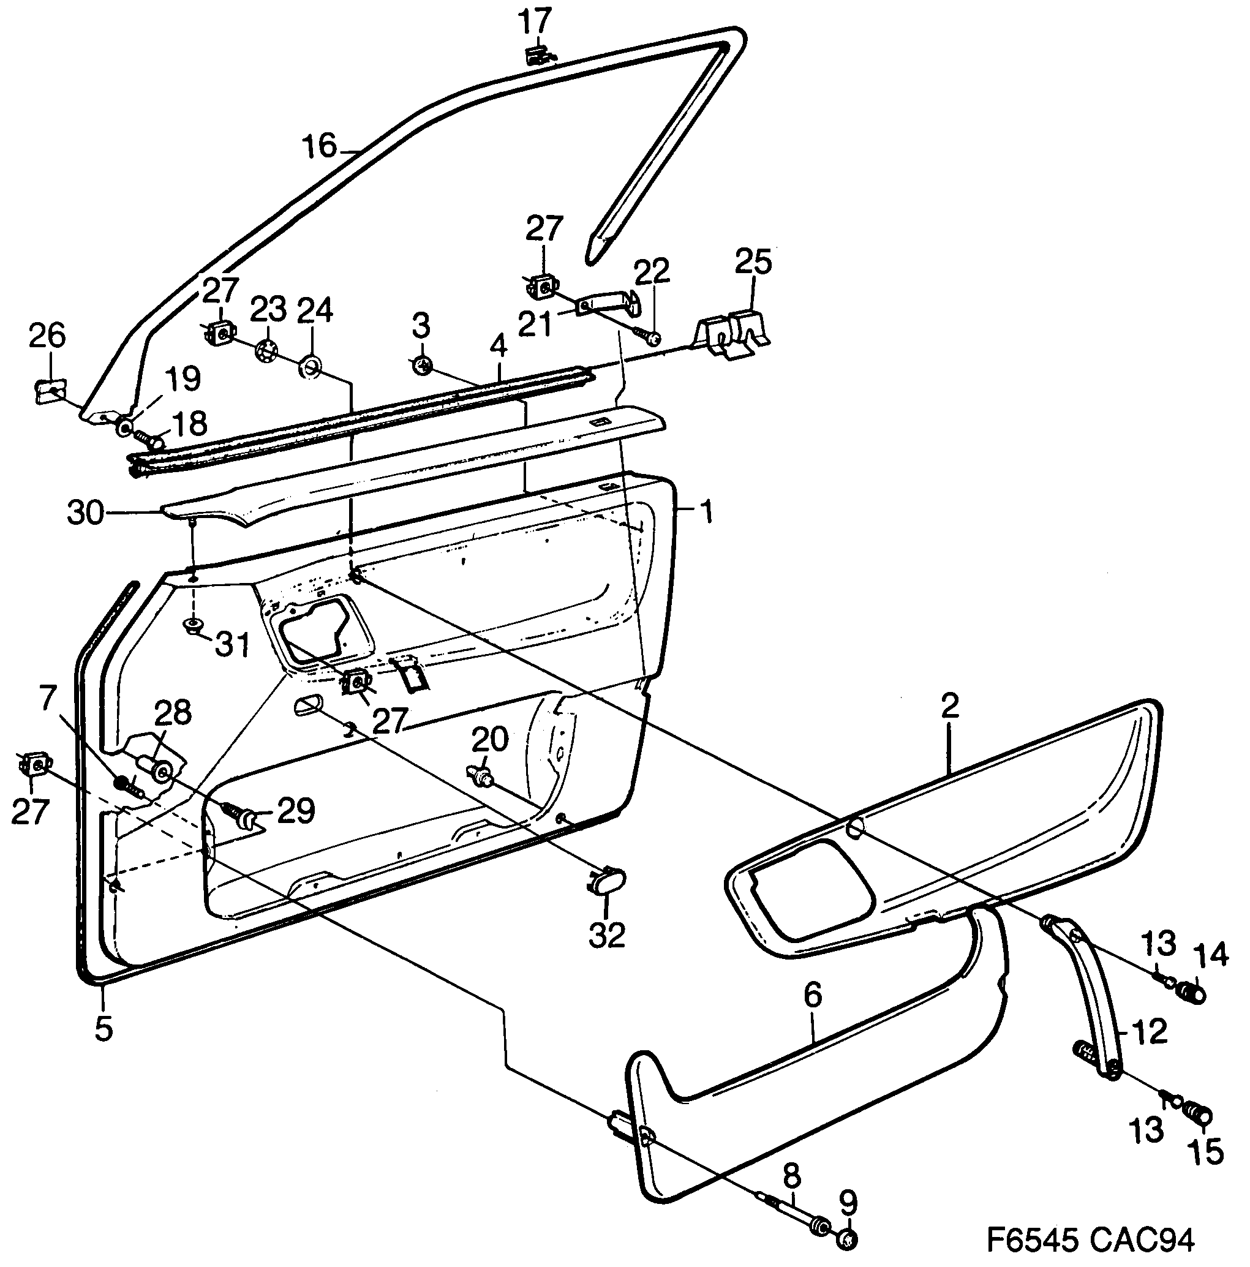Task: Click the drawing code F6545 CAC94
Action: pos(1091,1239)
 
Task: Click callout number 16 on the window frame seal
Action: pos(319,146)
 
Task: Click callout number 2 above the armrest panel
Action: pos(949,705)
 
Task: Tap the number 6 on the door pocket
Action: pos(812,996)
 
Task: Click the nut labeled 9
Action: pos(846,1239)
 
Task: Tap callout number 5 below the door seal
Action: pos(104,1028)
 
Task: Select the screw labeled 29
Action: pos(239,814)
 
